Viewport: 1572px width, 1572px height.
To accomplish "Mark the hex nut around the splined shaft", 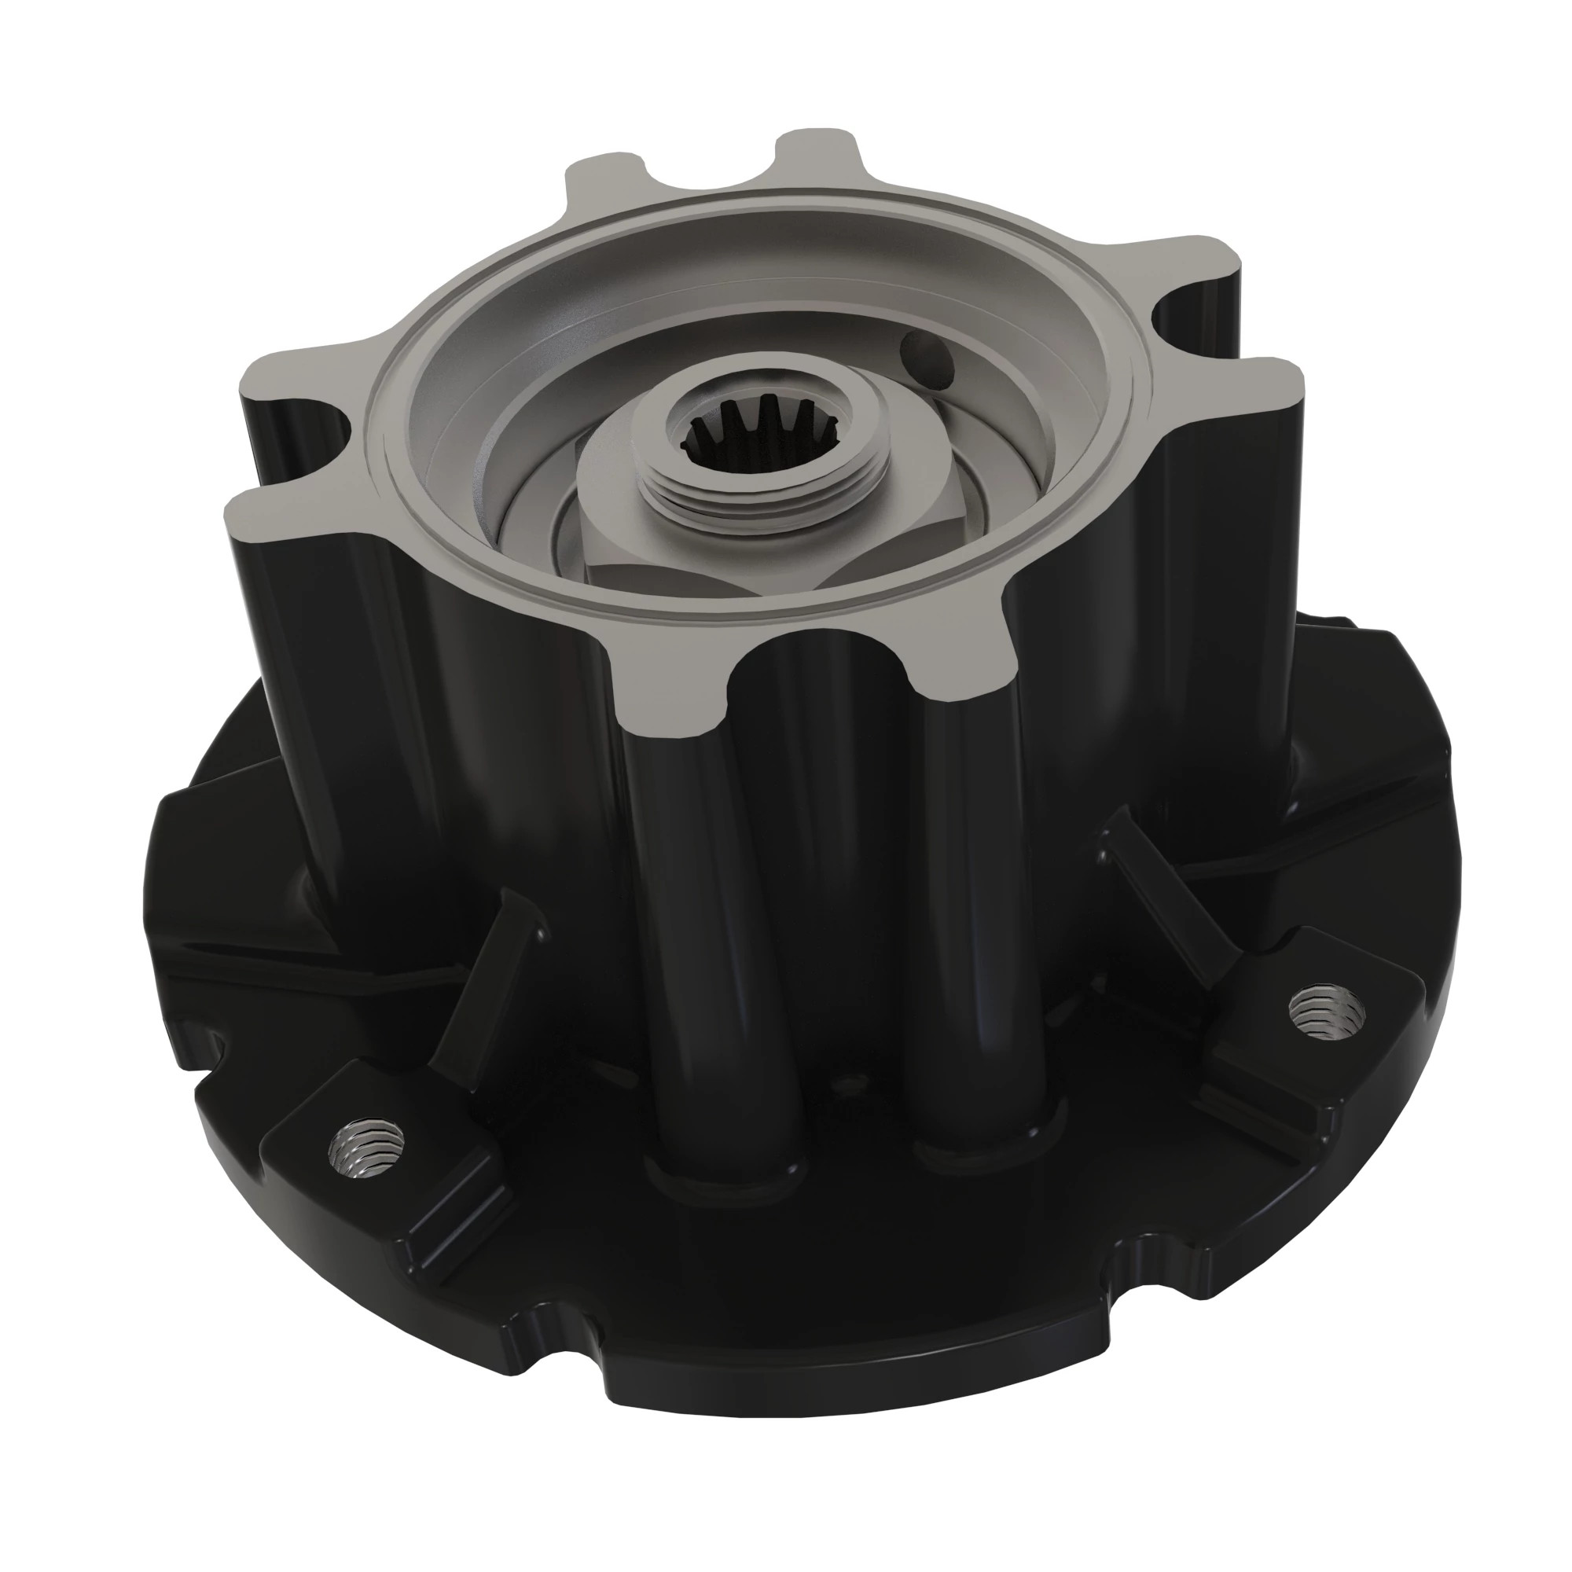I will pos(619,521).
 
